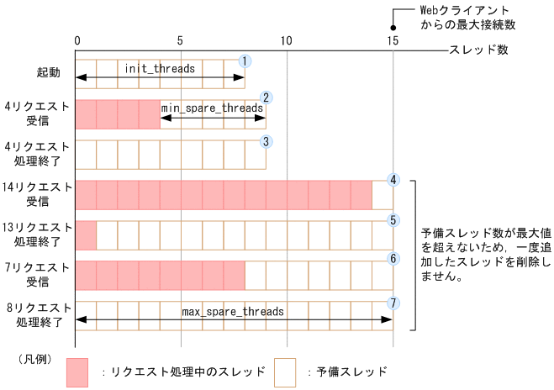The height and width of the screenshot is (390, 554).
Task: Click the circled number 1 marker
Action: (x=245, y=61)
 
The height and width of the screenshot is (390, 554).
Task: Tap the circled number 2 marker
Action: (x=266, y=98)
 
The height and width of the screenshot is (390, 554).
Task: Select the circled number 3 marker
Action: (x=266, y=141)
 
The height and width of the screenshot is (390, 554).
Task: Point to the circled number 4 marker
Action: (x=393, y=180)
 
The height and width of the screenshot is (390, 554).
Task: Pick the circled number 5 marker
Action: (x=393, y=220)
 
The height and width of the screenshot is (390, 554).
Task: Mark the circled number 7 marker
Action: (x=393, y=302)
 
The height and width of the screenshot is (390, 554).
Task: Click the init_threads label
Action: (x=160, y=67)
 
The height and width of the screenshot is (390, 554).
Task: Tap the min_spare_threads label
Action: (x=213, y=108)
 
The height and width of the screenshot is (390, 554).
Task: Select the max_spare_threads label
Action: (x=233, y=311)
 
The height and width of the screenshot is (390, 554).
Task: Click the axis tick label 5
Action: (x=181, y=40)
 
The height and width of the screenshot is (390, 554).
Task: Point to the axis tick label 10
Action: (x=287, y=40)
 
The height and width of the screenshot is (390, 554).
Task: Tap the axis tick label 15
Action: (x=393, y=40)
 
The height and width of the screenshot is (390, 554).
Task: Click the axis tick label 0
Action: (x=77, y=40)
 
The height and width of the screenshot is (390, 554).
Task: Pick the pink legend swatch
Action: (x=77, y=372)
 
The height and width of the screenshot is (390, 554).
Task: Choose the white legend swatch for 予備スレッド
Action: (x=285, y=372)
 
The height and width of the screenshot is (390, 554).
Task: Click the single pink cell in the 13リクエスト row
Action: (x=86, y=235)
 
